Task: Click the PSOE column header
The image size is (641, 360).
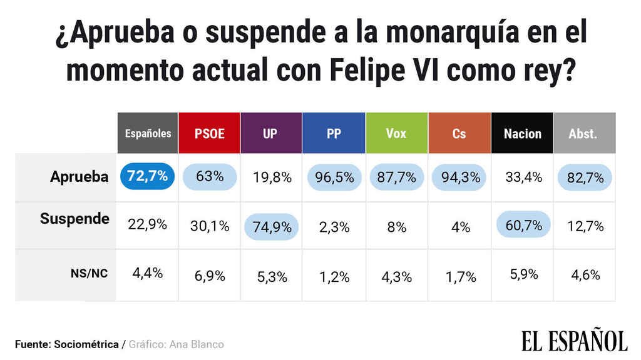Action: point(209,133)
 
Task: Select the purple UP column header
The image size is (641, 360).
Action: point(271,133)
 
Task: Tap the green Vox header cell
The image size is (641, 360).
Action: point(396,133)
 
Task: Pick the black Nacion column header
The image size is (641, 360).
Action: point(522,133)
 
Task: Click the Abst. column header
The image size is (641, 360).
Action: point(583,133)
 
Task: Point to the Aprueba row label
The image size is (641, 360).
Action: point(79,177)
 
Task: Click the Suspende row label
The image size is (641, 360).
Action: point(74,219)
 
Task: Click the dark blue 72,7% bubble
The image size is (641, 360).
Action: point(146,176)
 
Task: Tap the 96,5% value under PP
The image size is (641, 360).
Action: point(334,177)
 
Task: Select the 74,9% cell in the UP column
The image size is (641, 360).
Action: point(271,226)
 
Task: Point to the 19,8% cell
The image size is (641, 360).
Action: point(271,177)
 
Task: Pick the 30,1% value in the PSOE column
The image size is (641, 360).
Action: point(209,226)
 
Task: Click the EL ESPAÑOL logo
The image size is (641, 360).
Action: point(574,341)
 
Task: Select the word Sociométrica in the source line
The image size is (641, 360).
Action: point(87,344)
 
